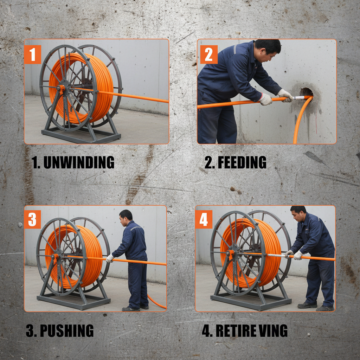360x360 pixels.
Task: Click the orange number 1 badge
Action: [33, 54]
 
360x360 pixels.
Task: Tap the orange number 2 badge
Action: [208, 54]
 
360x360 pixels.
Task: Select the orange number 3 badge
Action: [32, 219]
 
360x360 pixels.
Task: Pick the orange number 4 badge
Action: [204, 219]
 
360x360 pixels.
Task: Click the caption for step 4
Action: [245, 330]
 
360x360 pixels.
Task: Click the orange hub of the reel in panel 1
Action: [62, 89]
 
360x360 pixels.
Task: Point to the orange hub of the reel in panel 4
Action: [232, 253]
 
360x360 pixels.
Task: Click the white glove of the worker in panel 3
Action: [110, 258]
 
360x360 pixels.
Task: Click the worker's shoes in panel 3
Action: [135, 308]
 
